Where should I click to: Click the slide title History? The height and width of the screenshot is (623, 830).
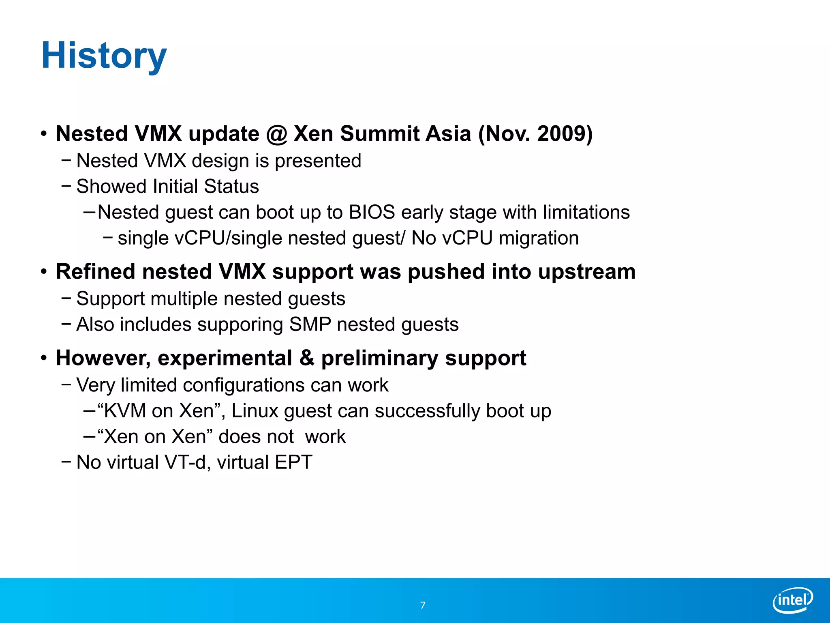point(104,56)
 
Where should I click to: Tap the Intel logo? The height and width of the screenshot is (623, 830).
point(793,600)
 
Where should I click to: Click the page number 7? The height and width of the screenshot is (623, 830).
point(423,605)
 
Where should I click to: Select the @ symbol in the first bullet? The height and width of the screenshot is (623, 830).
point(276,134)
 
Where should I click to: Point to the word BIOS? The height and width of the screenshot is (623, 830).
point(372,212)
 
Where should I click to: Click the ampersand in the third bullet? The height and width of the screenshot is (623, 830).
point(307,358)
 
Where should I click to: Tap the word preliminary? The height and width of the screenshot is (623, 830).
point(379,359)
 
